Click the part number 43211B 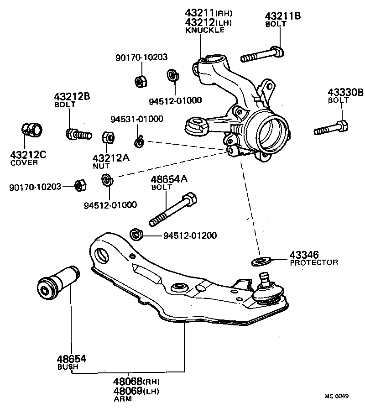(282, 16)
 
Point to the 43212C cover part (32, 130)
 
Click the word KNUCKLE (204, 31)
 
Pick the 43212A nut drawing (108, 137)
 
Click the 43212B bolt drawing (78, 135)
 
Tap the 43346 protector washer (261, 261)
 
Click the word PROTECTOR (314, 262)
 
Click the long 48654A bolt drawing (173, 210)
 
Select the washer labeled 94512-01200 (136, 235)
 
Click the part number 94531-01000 (137, 120)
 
